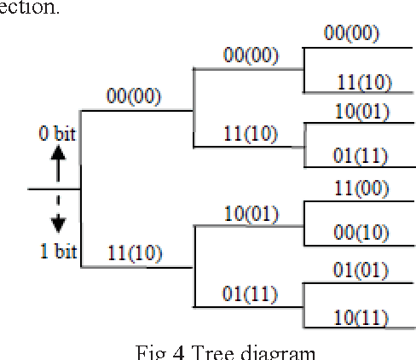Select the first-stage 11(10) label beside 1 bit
(135, 253)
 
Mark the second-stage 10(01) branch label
(251, 213)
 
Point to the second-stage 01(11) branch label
(251, 295)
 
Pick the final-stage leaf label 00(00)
(351, 33)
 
